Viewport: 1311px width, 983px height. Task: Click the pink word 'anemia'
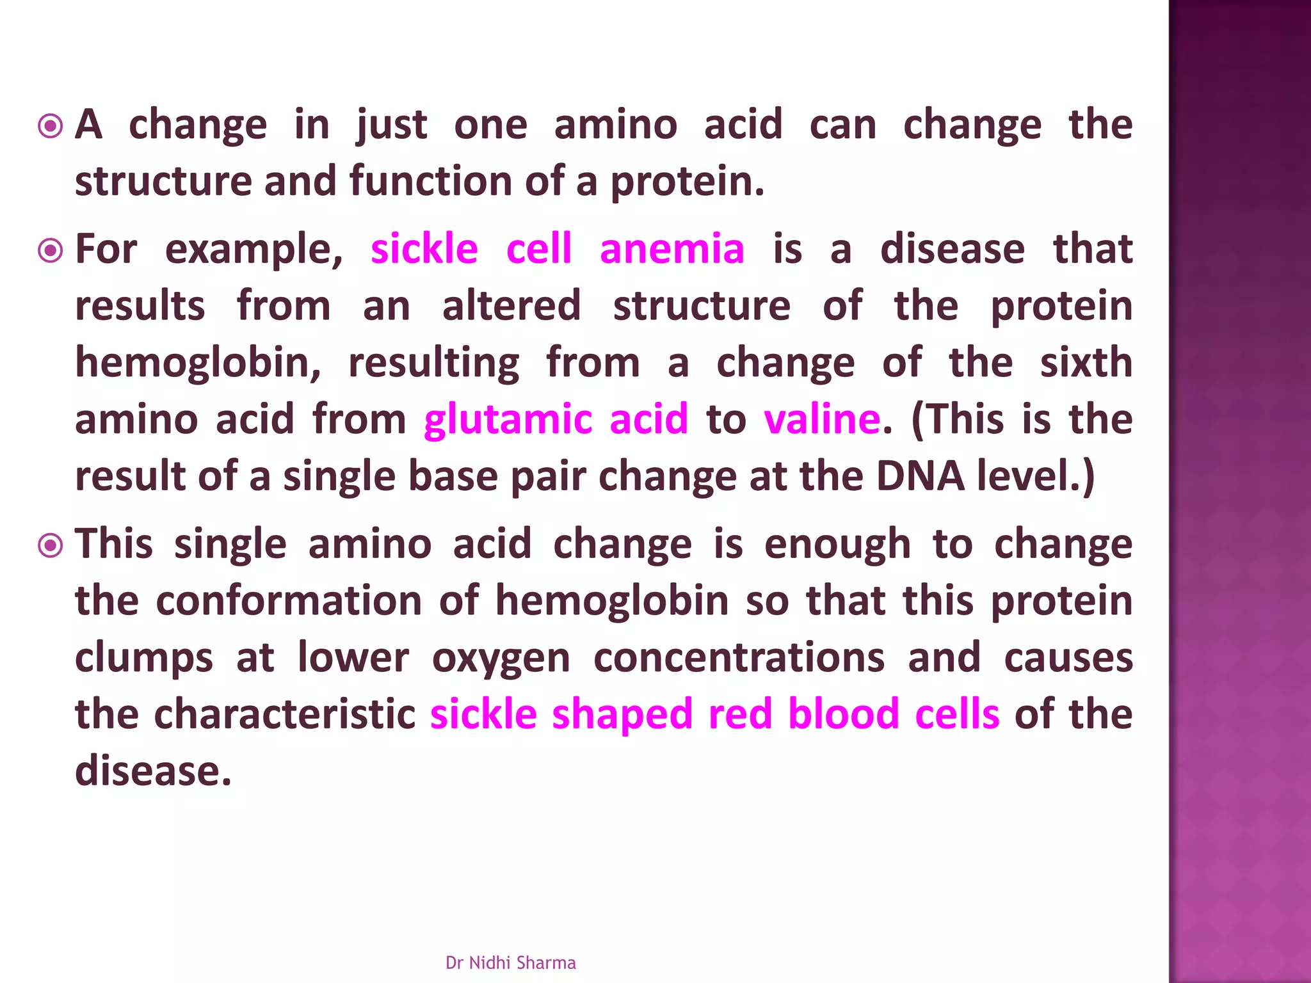tap(672, 249)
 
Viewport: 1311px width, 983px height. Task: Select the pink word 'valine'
tap(822, 420)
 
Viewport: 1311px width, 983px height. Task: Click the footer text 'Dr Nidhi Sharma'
tap(510, 963)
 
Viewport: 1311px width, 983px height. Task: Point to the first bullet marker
tap(51, 126)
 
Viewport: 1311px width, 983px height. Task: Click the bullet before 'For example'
tap(51, 251)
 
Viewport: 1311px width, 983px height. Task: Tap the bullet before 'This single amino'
tap(51, 546)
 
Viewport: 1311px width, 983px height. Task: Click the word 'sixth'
tap(1086, 363)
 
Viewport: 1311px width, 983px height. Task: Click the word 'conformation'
tap(289, 601)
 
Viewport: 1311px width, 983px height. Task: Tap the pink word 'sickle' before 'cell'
tap(424, 249)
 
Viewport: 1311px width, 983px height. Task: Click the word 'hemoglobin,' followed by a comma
tap(198, 363)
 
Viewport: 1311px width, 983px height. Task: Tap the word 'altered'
tap(511, 306)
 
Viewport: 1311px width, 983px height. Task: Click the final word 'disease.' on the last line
tap(153, 771)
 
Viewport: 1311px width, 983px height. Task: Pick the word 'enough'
tap(837, 545)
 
